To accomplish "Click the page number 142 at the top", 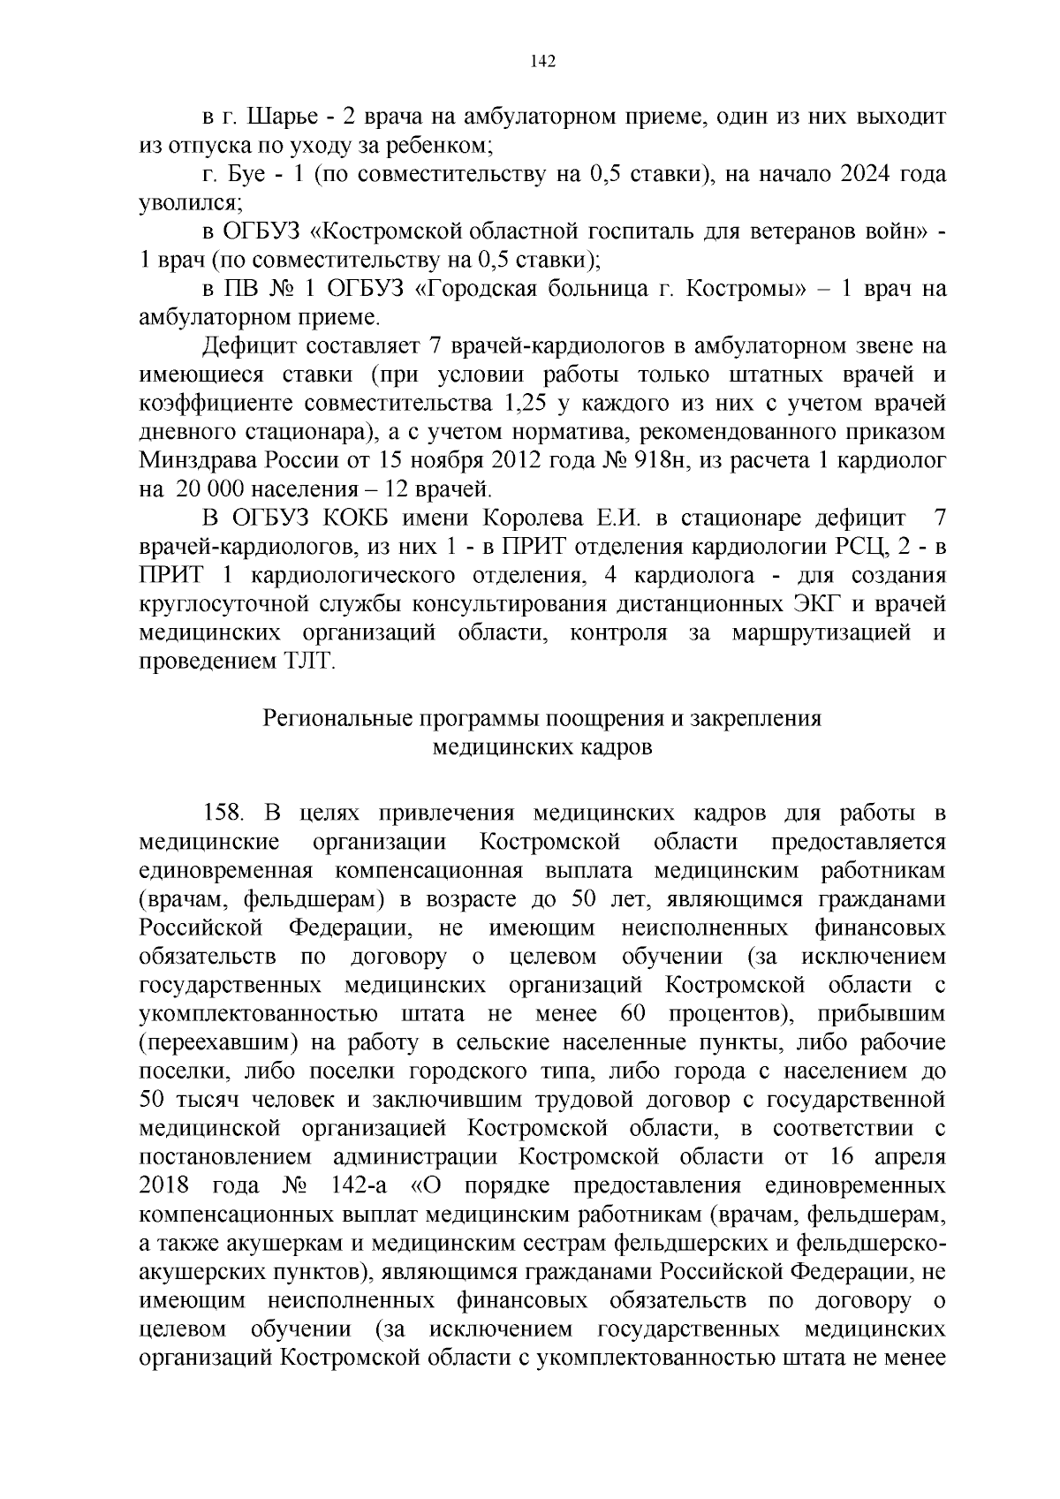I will pyautogui.click(x=541, y=60).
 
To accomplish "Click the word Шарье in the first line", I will pyautogui.click(x=282, y=117).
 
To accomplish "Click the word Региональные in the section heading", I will pyautogui.click(x=344, y=718).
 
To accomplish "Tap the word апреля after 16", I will pyautogui.click(x=909, y=1157).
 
